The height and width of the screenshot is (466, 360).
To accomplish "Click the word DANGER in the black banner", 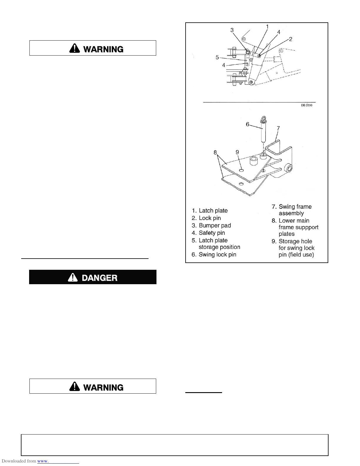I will click(99, 277).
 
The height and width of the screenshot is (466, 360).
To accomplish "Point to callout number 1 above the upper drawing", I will click(267, 27).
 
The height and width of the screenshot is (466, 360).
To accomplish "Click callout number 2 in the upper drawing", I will click(291, 39).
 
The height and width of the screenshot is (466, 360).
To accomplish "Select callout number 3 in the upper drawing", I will click(232, 30).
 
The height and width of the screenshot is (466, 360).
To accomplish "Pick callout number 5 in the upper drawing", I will click(217, 57).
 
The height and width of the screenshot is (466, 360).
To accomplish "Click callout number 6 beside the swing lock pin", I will click(248, 124).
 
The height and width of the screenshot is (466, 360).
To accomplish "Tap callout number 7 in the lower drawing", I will click(278, 128).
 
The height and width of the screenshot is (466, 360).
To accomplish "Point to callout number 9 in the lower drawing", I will click(237, 152).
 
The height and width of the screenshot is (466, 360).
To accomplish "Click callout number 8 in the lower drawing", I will click(215, 152).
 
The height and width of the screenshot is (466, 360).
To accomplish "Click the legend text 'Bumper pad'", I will click(215, 225).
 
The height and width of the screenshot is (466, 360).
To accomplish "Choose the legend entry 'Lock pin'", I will click(210, 218).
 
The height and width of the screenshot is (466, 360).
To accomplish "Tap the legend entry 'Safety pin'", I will click(212, 233).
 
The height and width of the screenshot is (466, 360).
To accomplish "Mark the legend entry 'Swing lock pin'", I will click(217, 254).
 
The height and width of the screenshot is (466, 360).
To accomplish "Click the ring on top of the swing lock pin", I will click(263, 119).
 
